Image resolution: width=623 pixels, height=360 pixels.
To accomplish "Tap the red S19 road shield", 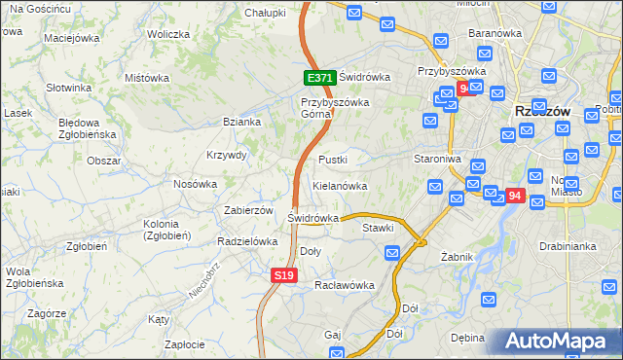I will [282, 276].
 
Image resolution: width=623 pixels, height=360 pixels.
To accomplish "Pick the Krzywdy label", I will [227, 155].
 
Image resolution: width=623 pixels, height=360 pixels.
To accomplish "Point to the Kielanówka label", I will [340, 185].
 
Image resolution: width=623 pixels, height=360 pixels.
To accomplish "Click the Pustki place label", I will [333, 159].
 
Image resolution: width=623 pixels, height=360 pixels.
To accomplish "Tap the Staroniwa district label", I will [437, 159].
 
